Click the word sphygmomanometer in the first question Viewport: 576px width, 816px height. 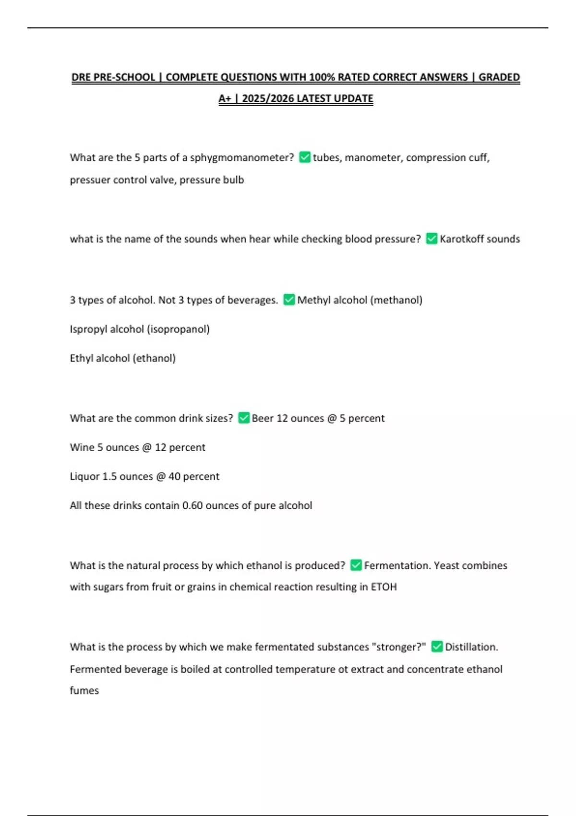pyautogui.click(x=242, y=157)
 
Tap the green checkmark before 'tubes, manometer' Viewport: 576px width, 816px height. pyautogui.click(x=305, y=157)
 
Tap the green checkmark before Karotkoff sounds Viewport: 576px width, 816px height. pyautogui.click(x=432, y=239)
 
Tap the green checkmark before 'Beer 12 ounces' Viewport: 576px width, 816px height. pyautogui.click(x=244, y=418)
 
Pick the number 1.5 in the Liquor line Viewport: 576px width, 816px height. pyautogui.click(x=109, y=477)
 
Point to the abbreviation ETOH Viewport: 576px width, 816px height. pyautogui.click(x=384, y=587)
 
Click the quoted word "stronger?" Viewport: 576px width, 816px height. pyautogui.click(x=398, y=647)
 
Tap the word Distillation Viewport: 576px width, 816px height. pyautogui.click(x=471, y=647)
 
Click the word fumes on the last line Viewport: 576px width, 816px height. pyautogui.click(x=84, y=691)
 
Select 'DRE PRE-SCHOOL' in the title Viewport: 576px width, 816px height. pyautogui.click(x=113, y=77)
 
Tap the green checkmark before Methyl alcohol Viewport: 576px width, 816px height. pyautogui.click(x=289, y=300)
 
